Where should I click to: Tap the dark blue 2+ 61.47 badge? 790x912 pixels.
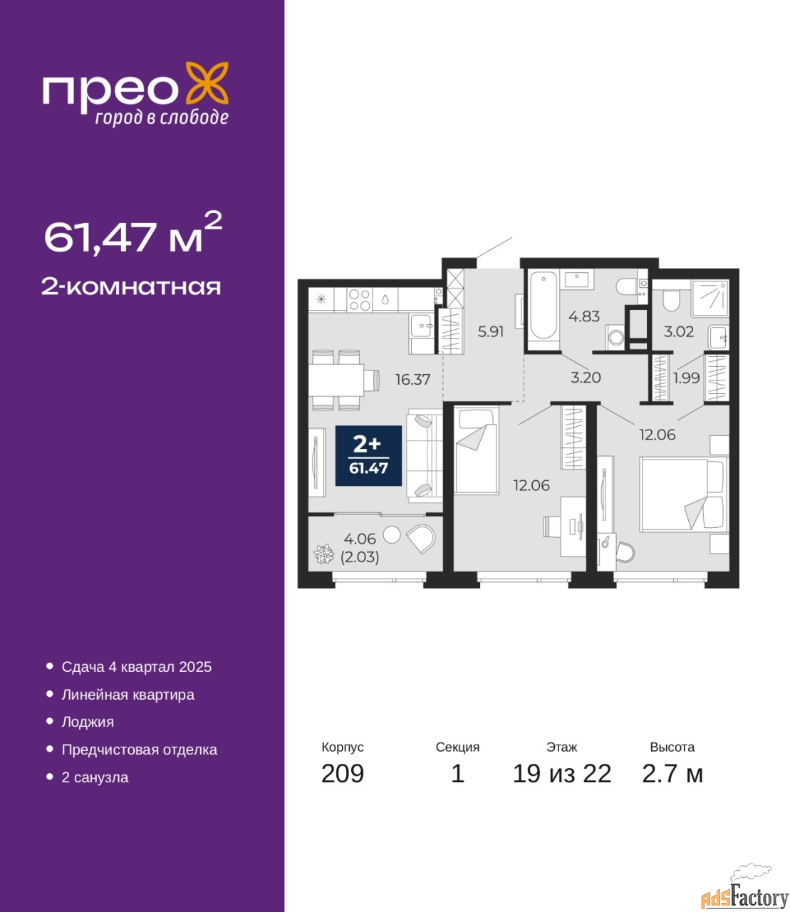[368, 456]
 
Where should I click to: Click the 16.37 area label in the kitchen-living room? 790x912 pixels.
[412, 380]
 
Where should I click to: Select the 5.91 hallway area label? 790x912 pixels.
[491, 331]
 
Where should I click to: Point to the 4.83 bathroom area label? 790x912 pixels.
[584, 316]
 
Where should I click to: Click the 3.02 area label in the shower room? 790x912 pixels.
[679, 331]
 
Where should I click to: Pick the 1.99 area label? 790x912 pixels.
[687, 378]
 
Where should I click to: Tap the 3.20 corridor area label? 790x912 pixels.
[586, 378]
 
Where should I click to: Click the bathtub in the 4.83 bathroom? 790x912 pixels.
[543, 311]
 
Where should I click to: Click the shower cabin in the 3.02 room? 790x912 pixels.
[710, 299]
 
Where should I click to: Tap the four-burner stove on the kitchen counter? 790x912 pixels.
[360, 300]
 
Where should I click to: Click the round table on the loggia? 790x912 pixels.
[391, 534]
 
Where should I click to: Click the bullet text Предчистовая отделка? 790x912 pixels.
[140, 750]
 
